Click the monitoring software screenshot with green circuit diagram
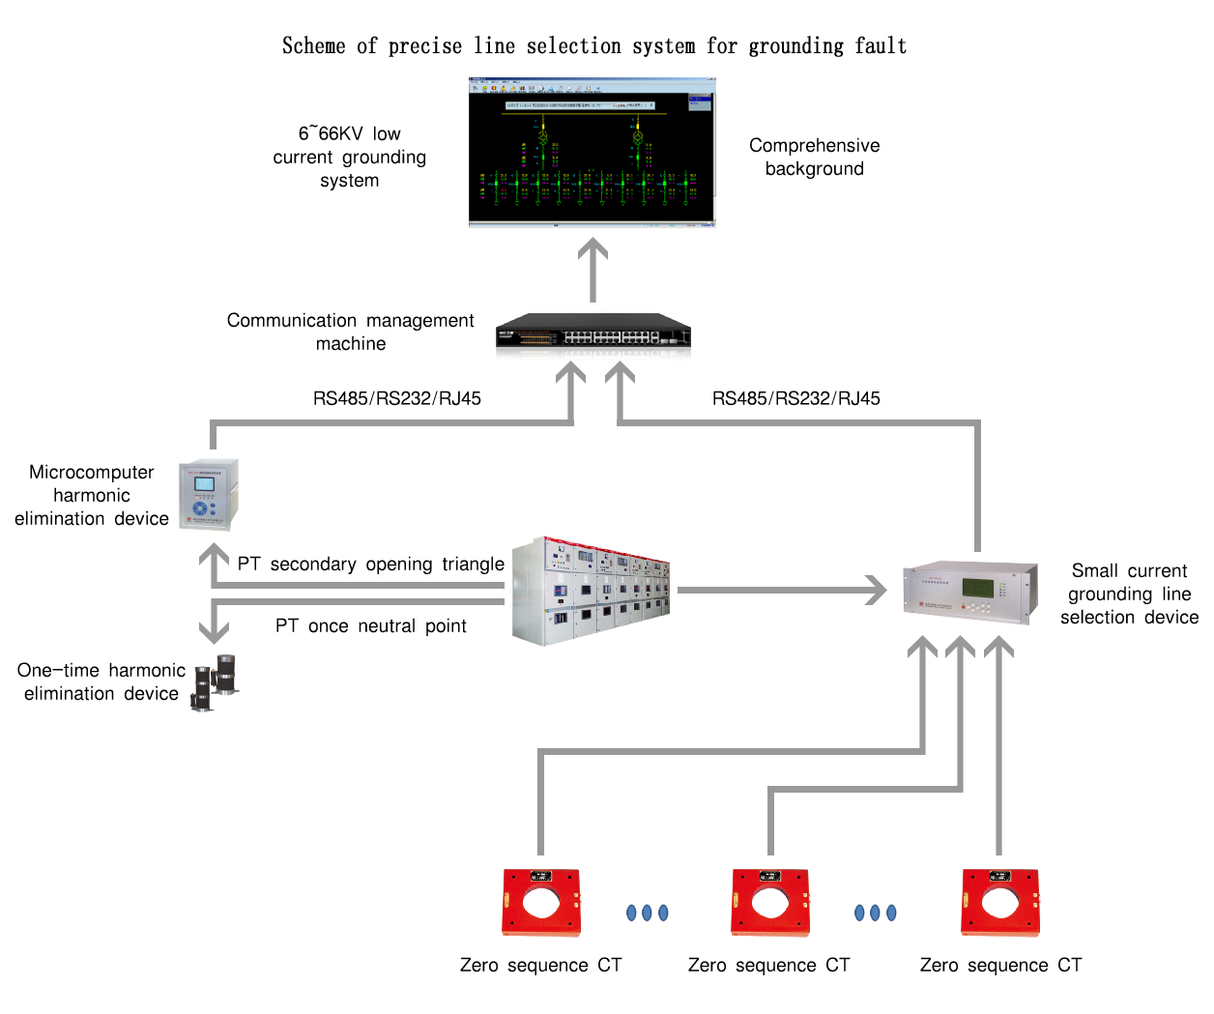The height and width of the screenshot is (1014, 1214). [592, 152]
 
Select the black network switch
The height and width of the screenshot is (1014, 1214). [593, 334]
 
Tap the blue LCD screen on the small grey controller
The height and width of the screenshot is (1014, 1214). [204, 483]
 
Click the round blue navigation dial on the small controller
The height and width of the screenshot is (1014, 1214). [200, 508]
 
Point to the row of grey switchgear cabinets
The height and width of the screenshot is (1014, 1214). [591, 590]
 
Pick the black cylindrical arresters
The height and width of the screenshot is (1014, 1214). [217, 682]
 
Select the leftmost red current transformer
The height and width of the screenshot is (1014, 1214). [541, 903]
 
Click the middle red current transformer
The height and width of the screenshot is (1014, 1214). [770, 903]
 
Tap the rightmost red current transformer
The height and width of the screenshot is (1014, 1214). [999, 903]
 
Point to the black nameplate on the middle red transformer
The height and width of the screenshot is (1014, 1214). [769, 876]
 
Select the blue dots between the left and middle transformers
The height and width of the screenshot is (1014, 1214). [648, 913]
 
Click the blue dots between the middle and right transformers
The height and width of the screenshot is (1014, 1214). [876, 913]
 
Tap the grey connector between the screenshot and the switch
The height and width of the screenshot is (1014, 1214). [593, 269]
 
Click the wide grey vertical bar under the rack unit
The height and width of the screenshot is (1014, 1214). [960, 744]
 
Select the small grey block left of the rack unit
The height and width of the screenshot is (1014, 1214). [854, 590]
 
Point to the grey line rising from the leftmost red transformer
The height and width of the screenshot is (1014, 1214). [541, 802]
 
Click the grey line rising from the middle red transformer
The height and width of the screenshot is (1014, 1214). [770, 822]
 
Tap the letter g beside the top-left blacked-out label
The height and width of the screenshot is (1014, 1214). [420, 159]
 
